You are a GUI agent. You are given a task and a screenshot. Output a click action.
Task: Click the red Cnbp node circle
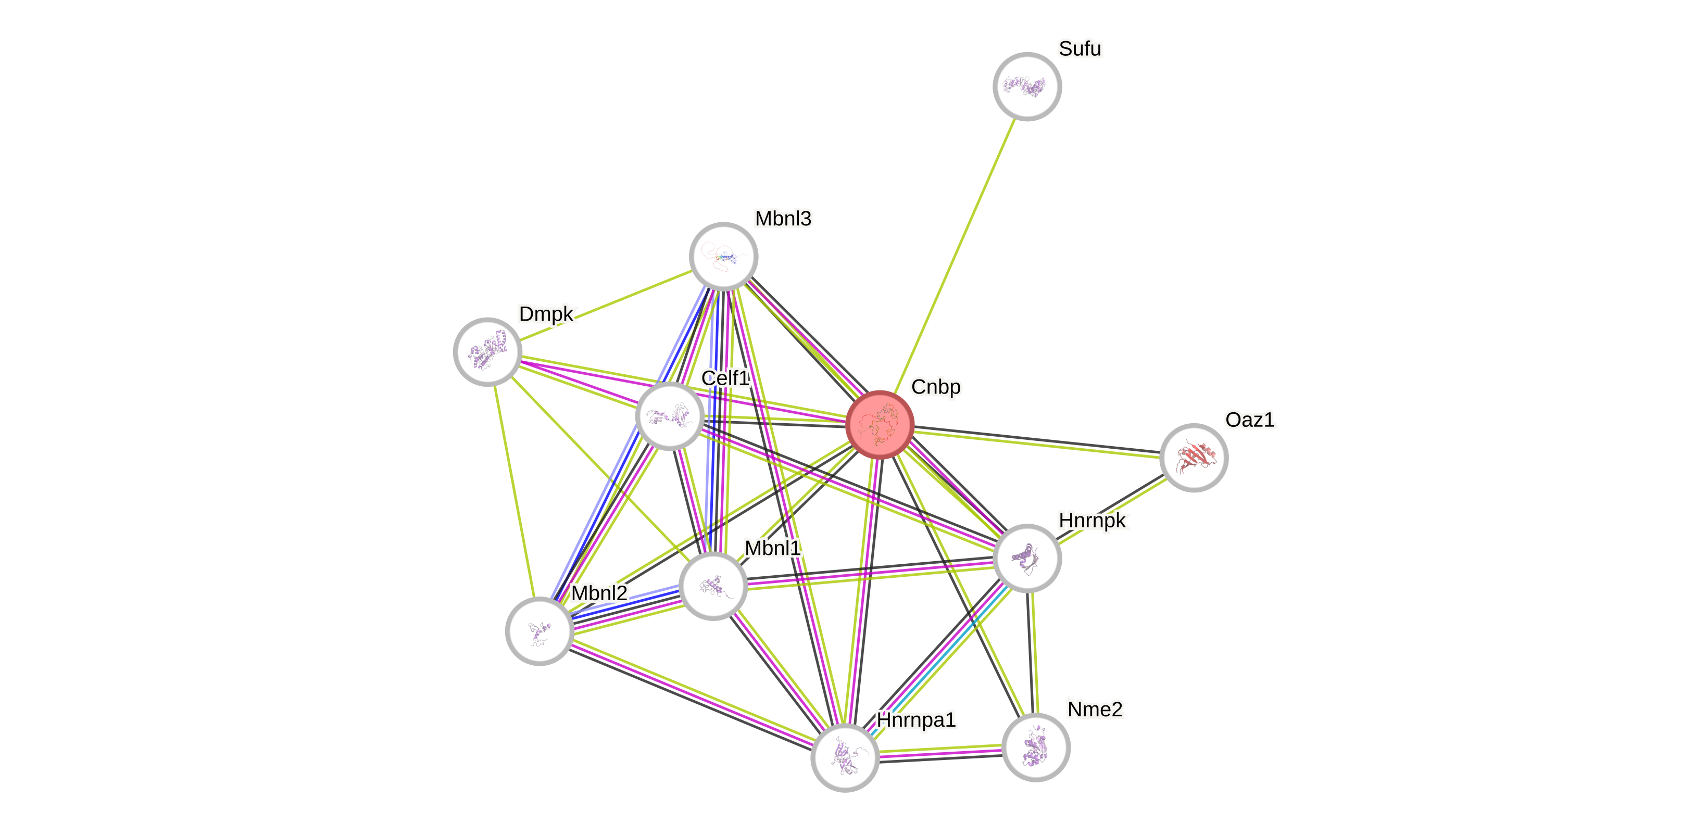pyautogui.click(x=879, y=425)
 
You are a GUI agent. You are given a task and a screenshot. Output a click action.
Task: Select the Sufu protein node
pyautogui.click(x=1026, y=86)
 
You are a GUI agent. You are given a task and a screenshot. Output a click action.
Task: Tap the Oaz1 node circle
pyautogui.click(x=1193, y=458)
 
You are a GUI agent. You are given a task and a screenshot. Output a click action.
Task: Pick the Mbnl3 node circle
pyautogui.click(x=723, y=256)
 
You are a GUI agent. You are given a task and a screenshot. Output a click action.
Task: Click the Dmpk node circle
pyautogui.click(x=487, y=351)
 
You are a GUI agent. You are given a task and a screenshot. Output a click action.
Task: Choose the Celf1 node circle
pyautogui.click(x=670, y=416)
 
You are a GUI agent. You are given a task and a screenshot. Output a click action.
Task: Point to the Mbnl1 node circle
pyautogui.click(x=713, y=586)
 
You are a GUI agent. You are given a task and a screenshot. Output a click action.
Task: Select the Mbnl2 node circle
pyautogui.click(x=539, y=631)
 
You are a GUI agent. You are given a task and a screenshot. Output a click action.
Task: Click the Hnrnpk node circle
pyautogui.click(x=1026, y=558)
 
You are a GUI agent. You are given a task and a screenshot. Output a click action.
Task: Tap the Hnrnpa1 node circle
pyautogui.click(x=844, y=757)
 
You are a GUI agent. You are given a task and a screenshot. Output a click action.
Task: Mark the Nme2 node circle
pyautogui.click(x=1036, y=748)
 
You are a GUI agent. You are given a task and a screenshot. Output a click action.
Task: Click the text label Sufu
pyautogui.click(x=1080, y=48)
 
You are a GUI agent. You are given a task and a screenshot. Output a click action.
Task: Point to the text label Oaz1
pyautogui.click(x=1249, y=420)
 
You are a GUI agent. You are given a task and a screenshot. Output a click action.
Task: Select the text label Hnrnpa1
pyautogui.click(x=916, y=720)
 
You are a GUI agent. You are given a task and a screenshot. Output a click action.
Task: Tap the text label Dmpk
pyautogui.click(x=546, y=314)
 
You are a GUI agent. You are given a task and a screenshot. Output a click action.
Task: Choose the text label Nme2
pyautogui.click(x=1095, y=709)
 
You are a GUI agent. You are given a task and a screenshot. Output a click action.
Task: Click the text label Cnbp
pyautogui.click(x=935, y=387)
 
